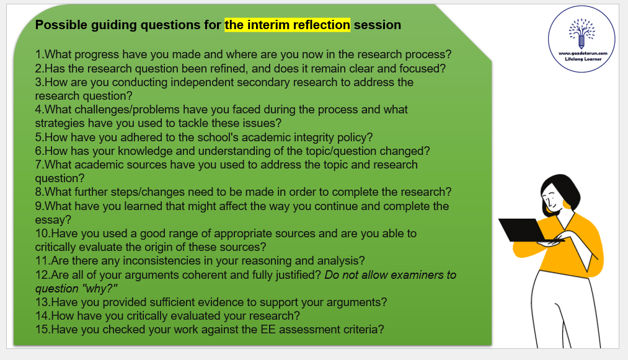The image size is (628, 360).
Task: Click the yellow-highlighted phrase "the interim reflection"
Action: click(287, 25)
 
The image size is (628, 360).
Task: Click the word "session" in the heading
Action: click(378, 25)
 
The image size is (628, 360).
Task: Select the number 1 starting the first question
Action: click(38, 55)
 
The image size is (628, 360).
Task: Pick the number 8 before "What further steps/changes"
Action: click(38, 192)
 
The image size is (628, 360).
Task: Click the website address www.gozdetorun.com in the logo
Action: click(583, 53)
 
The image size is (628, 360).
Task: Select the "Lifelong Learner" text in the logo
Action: click(583, 59)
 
